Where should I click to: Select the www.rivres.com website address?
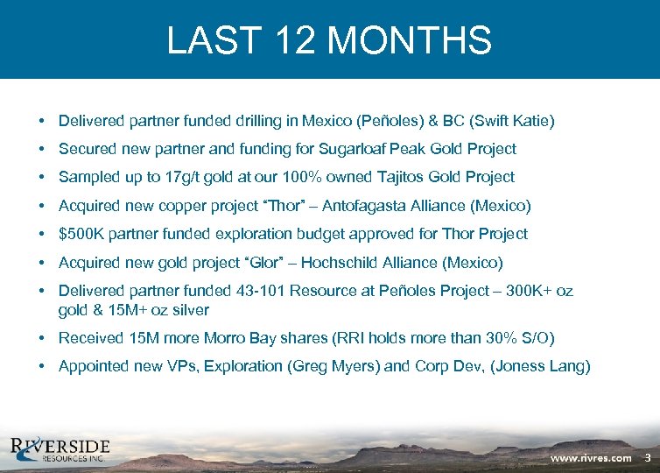(591, 457)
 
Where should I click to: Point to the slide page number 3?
(648, 457)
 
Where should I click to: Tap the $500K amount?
(79, 234)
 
